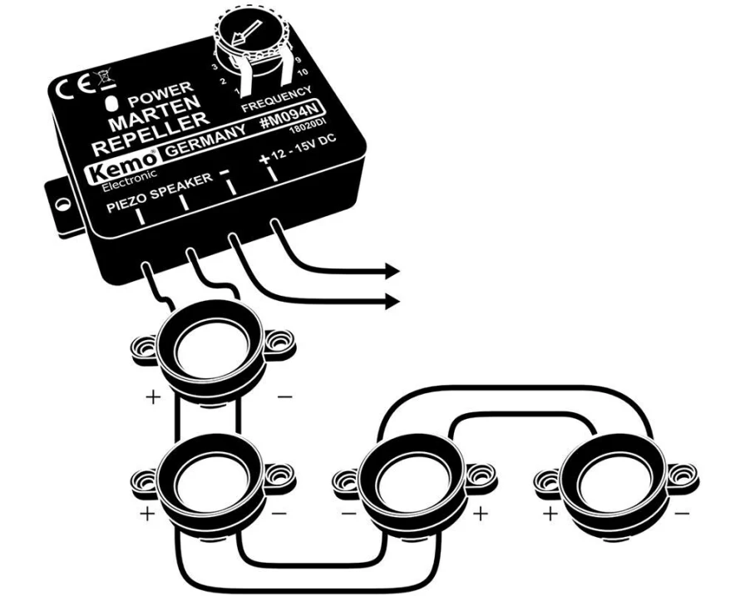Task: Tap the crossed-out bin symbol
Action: point(106,79)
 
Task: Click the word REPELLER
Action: point(150,135)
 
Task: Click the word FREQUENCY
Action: point(277,99)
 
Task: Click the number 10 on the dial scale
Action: point(302,73)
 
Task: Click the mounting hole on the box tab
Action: point(61,204)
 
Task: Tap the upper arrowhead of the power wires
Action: point(392,271)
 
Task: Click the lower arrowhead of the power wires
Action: point(392,301)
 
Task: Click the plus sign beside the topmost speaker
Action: point(153,397)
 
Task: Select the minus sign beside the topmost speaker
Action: point(284,396)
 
